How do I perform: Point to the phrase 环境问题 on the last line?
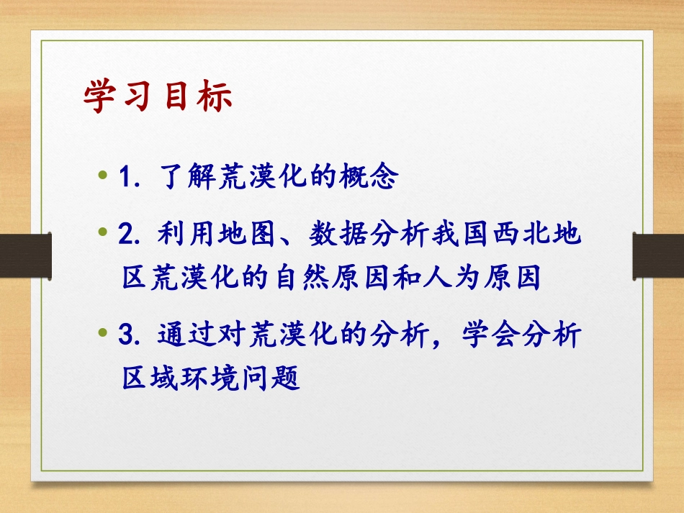click(237, 378)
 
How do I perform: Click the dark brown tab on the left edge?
click(25, 258)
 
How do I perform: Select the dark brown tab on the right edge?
click(658, 258)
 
